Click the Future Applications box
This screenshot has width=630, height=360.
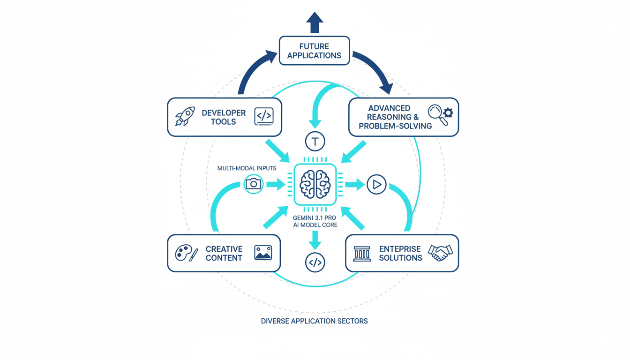(x=315, y=51)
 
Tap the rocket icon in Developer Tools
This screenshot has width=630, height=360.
(x=185, y=116)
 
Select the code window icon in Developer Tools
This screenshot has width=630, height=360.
(x=264, y=116)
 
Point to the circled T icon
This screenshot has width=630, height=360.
(x=315, y=142)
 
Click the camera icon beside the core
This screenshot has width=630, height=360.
(x=254, y=184)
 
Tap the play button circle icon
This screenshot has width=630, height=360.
(x=376, y=184)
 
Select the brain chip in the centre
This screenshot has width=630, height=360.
(x=315, y=184)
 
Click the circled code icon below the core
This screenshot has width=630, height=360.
(x=315, y=262)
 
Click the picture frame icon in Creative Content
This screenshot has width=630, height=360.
(x=263, y=253)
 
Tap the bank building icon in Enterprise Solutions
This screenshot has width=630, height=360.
(x=362, y=254)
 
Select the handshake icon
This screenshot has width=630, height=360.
(x=440, y=253)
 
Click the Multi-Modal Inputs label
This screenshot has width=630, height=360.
(x=247, y=168)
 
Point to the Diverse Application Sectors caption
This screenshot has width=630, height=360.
(x=314, y=321)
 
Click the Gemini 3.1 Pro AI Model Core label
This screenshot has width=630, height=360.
(x=315, y=222)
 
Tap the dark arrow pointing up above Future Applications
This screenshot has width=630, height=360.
(x=315, y=22)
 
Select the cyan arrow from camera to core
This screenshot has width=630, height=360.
(x=276, y=184)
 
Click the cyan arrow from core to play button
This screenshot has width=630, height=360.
(x=355, y=184)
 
